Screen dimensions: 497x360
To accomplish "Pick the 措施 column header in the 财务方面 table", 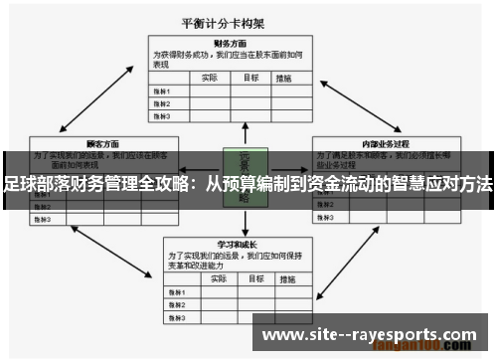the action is coord(285,77).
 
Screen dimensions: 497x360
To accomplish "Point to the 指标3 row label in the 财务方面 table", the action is coord(161,115).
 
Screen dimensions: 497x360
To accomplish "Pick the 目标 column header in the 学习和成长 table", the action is coord(252,277).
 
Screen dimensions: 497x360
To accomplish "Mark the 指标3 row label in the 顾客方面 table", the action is coord(44,218).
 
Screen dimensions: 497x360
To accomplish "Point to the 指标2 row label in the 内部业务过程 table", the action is coord(329,206).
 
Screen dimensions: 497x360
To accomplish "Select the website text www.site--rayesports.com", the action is coord(374,335).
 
